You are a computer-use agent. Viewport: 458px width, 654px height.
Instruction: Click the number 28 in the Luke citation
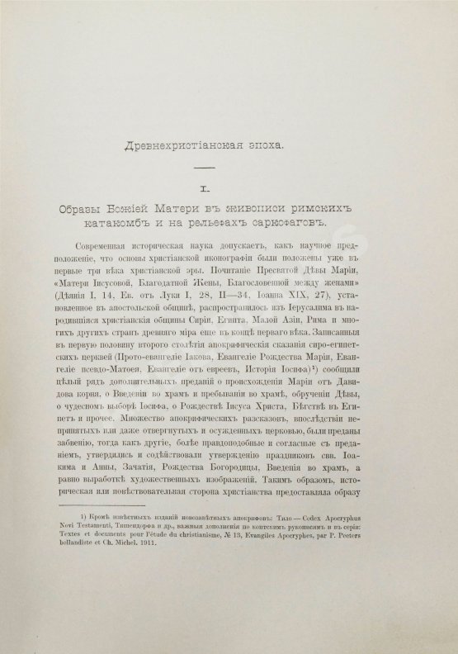coord(220,297)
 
